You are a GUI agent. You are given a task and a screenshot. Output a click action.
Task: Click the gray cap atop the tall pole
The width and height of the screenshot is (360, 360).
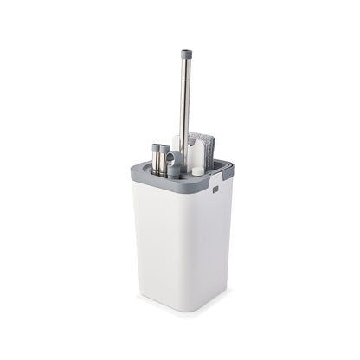pos(185,55)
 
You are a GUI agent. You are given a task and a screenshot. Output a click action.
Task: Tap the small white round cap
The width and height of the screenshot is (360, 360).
pos(198,171)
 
